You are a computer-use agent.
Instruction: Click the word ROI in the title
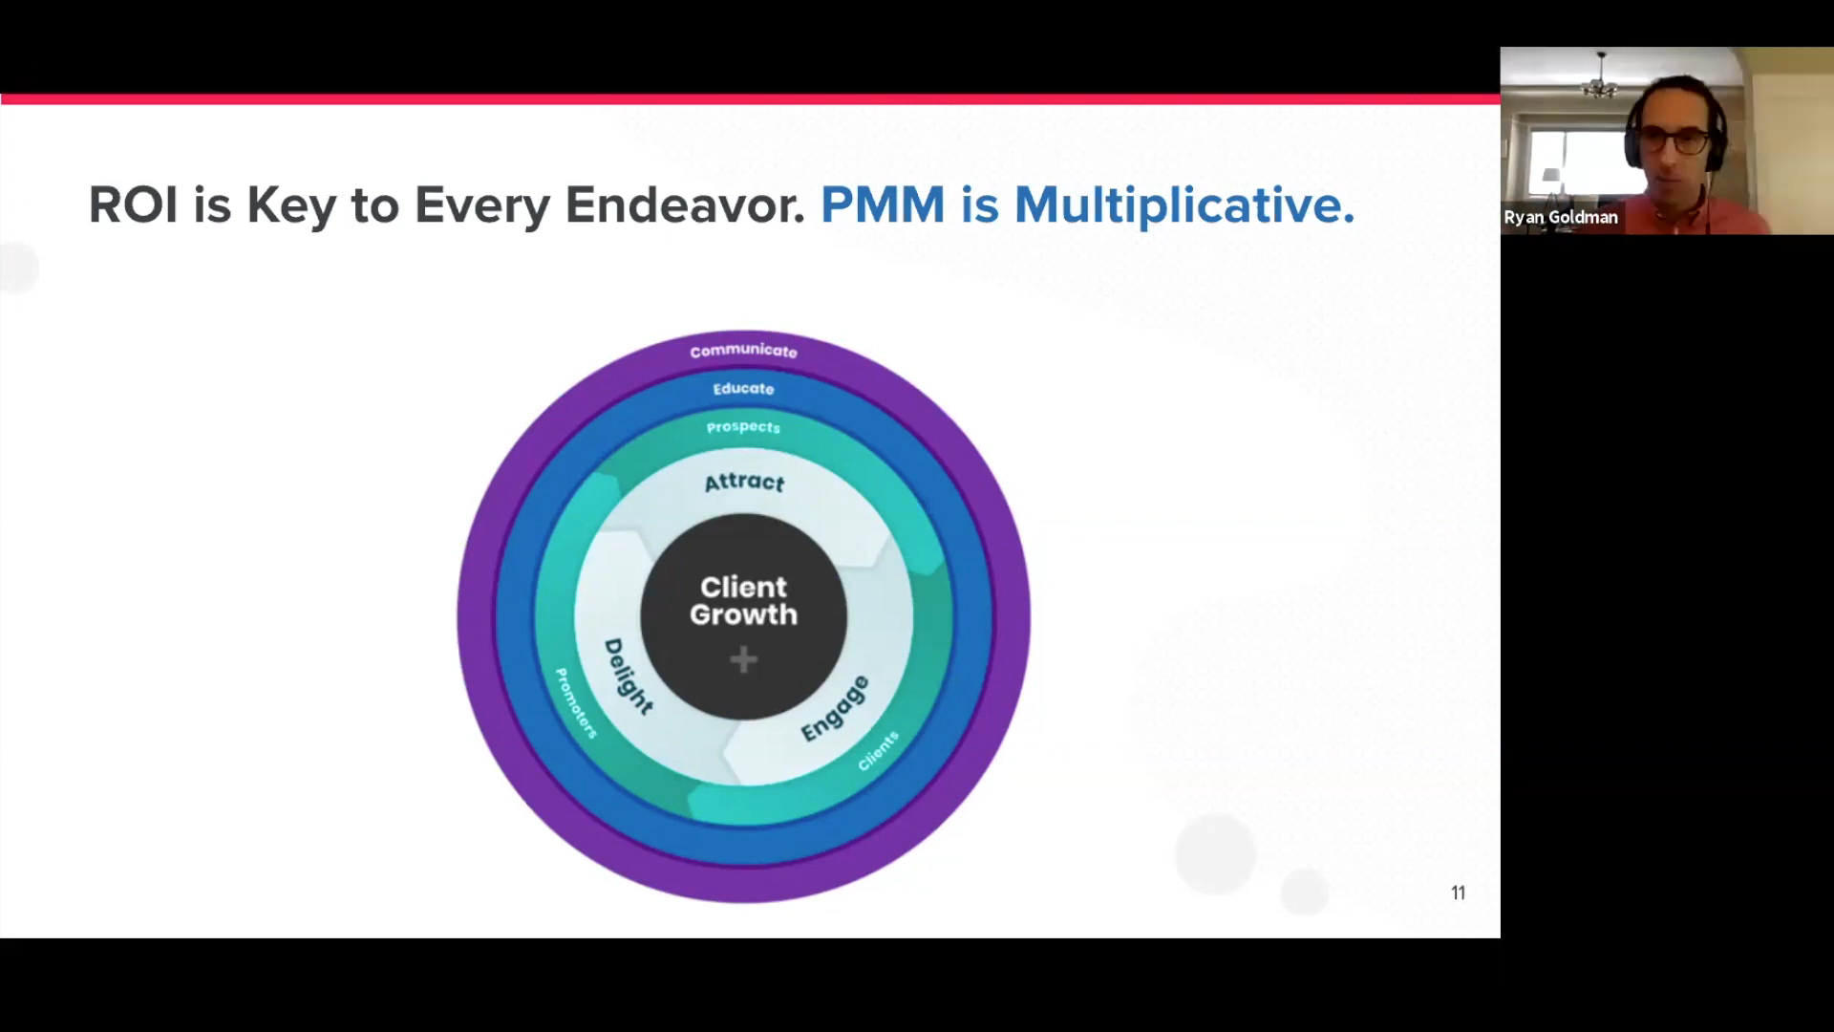(x=133, y=204)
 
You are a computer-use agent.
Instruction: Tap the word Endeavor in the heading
(x=685, y=204)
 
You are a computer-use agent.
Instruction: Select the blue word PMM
(x=883, y=204)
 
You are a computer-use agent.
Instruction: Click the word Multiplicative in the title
(x=1184, y=204)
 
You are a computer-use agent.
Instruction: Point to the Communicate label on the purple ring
(x=743, y=351)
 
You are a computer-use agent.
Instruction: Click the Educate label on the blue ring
(x=743, y=389)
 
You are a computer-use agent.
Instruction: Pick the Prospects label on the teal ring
(x=743, y=427)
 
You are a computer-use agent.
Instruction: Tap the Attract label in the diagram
(x=744, y=483)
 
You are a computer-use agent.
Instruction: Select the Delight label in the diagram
(x=628, y=677)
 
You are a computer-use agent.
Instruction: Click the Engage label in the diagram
(x=835, y=708)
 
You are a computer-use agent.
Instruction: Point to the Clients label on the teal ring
(x=878, y=751)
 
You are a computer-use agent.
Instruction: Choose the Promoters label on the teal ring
(x=576, y=703)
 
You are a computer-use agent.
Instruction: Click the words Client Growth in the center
(x=743, y=601)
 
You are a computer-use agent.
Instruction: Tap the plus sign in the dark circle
(x=743, y=659)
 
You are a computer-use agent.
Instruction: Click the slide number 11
(x=1458, y=892)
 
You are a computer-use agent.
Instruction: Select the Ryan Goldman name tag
(x=1561, y=218)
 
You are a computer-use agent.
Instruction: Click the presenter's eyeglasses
(x=1678, y=141)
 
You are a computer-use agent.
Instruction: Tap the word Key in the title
(x=291, y=206)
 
